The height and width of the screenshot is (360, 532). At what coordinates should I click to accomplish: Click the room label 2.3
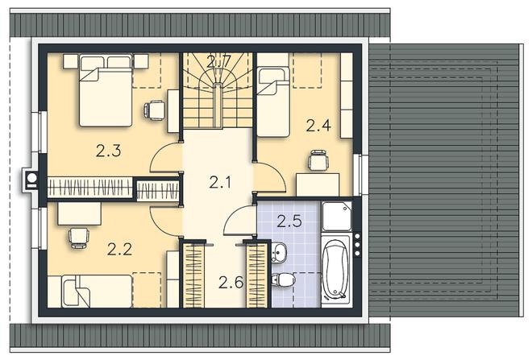click(x=108, y=151)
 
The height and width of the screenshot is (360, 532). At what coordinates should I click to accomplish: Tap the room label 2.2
click(x=119, y=250)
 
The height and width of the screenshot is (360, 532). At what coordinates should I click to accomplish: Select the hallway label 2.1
click(x=220, y=182)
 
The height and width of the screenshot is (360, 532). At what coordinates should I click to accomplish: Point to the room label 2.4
click(x=318, y=126)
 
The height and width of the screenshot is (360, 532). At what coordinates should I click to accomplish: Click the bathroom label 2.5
click(x=289, y=221)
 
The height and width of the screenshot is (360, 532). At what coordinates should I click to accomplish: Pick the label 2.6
click(x=231, y=283)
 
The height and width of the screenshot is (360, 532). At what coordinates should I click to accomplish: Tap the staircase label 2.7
click(x=218, y=61)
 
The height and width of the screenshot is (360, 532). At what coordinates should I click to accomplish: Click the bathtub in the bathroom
click(x=336, y=270)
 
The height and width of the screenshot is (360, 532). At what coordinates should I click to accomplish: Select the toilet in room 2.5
click(x=283, y=279)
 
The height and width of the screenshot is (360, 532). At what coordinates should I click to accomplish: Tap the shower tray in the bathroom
click(x=337, y=217)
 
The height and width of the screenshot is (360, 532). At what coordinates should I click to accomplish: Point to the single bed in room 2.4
click(x=273, y=101)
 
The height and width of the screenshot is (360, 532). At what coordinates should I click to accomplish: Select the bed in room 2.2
click(x=97, y=292)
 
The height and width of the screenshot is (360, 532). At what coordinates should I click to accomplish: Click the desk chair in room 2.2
click(x=79, y=238)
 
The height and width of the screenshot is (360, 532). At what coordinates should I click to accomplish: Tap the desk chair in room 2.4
click(x=318, y=160)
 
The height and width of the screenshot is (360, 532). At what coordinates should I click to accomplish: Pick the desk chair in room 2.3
click(x=155, y=110)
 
